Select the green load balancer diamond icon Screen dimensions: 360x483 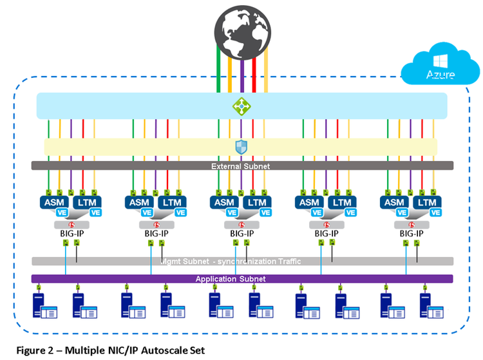point(241,106)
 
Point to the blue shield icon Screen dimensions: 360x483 point(241,147)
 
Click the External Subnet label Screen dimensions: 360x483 point(241,166)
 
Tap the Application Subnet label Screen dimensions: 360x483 point(241,279)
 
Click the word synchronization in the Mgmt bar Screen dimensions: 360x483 point(256,261)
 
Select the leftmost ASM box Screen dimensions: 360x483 point(52,203)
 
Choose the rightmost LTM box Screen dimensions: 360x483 point(427,203)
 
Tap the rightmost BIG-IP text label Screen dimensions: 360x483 point(411,233)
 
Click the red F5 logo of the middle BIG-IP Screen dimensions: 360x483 point(240,224)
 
